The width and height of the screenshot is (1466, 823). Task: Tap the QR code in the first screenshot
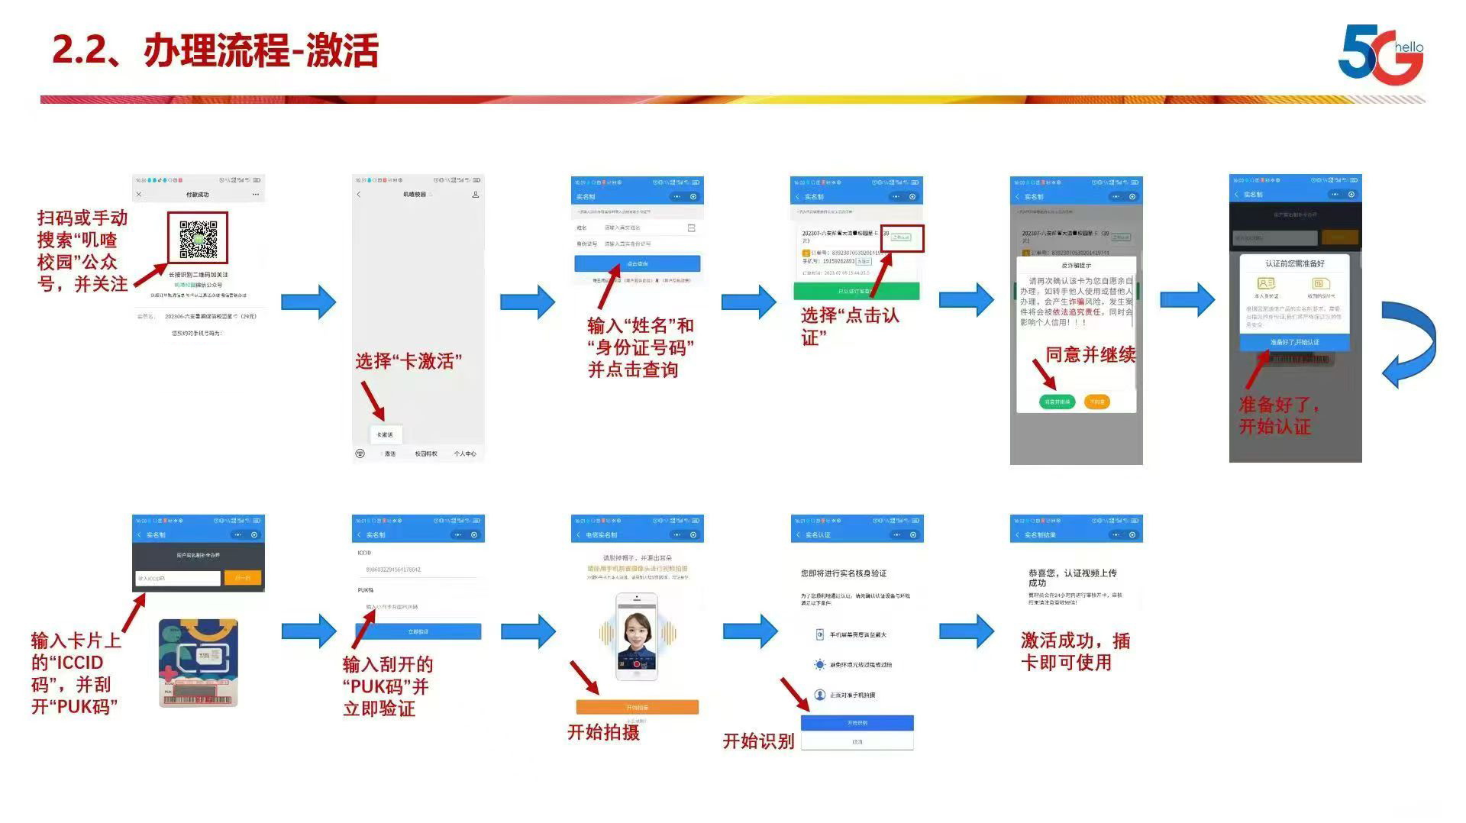tap(198, 239)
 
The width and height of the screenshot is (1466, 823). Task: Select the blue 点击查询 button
tap(637, 263)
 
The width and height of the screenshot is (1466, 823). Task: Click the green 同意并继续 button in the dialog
tap(1057, 402)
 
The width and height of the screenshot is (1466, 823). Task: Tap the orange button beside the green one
tap(1097, 402)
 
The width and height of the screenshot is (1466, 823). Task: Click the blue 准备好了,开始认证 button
tap(1294, 342)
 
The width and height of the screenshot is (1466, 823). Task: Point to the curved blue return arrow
tap(1409, 344)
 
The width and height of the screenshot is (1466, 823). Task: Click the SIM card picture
tap(199, 663)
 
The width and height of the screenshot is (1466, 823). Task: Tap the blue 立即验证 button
tap(418, 631)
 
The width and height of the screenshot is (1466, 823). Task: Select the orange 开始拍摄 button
tap(637, 707)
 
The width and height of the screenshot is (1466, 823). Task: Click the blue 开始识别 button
tap(857, 722)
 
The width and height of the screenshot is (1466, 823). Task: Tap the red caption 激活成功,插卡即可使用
tap(1074, 651)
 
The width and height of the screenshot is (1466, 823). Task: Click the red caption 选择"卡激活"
tap(408, 361)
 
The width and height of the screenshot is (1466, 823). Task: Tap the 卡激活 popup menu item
tap(385, 434)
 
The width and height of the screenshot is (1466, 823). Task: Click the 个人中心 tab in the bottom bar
tap(464, 453)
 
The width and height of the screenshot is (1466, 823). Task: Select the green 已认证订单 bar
tap(856, 291)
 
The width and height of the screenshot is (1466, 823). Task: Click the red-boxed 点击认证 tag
tap(902, 237)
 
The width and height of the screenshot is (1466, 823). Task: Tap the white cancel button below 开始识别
tap(857, 741)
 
